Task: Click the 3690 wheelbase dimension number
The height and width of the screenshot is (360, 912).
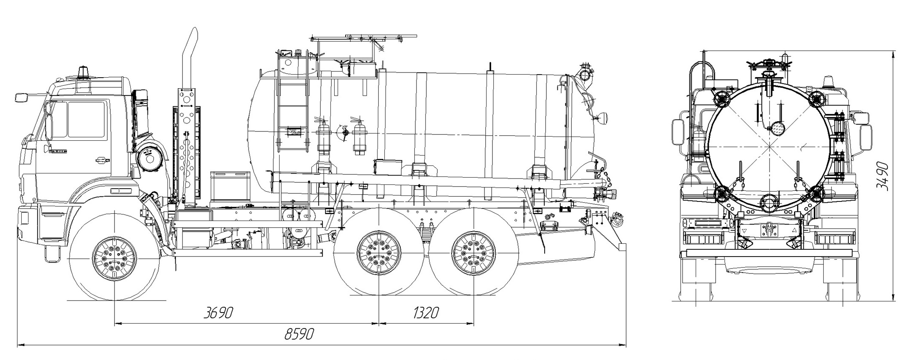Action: click(218, 313)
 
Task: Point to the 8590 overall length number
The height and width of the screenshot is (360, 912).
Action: click(299, 335)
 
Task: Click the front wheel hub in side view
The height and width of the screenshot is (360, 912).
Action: click(115, 257)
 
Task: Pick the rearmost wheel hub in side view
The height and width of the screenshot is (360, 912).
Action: click(474, 253)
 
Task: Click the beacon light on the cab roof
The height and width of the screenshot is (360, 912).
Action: click(84, 73)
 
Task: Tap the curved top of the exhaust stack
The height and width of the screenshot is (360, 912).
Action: click(193, 36)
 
